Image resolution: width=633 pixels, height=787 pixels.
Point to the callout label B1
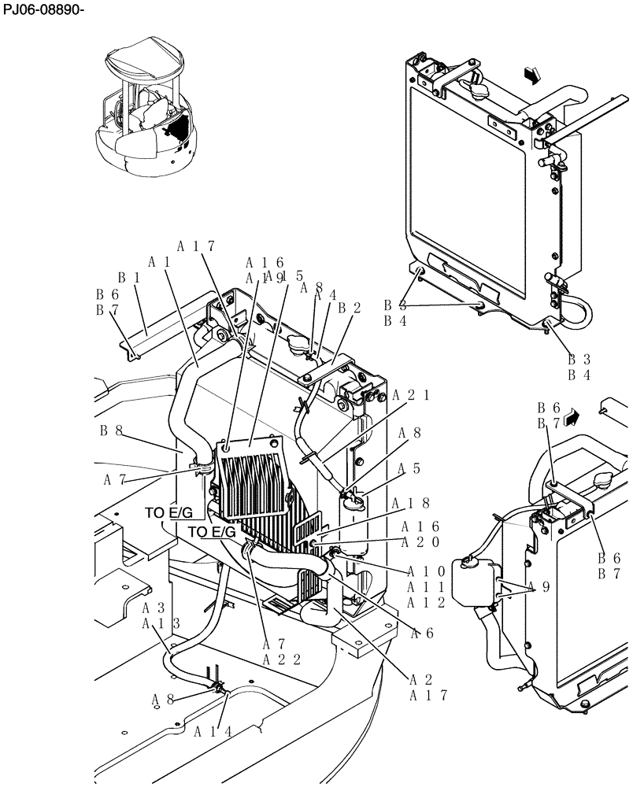coord(129,277)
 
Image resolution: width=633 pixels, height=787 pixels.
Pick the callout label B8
coord(111,430)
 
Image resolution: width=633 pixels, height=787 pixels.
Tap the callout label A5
coord(409,468)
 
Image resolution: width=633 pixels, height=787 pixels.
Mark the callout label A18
coord(420,504)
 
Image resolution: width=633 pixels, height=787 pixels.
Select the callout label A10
coord(426,571)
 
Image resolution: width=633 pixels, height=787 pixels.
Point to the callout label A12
coord(426,602)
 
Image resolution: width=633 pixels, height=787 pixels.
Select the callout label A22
coord(282,660)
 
